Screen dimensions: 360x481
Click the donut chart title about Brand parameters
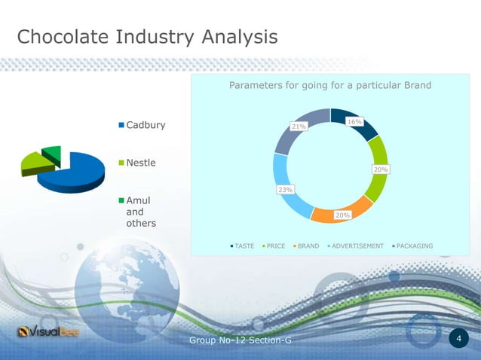tap(330, 85)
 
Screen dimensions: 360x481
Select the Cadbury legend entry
tap(145, 124)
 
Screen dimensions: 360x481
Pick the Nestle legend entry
tap(139, 163)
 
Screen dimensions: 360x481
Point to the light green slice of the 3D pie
tap(33, 162)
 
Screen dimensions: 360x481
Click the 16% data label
tap(354, 121)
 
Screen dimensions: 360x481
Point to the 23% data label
tap(286, 190)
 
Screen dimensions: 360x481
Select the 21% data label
tap(299, 127)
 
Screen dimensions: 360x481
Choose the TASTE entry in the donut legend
tap(244, 246)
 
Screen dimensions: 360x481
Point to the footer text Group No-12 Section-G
tap(240, 342)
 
